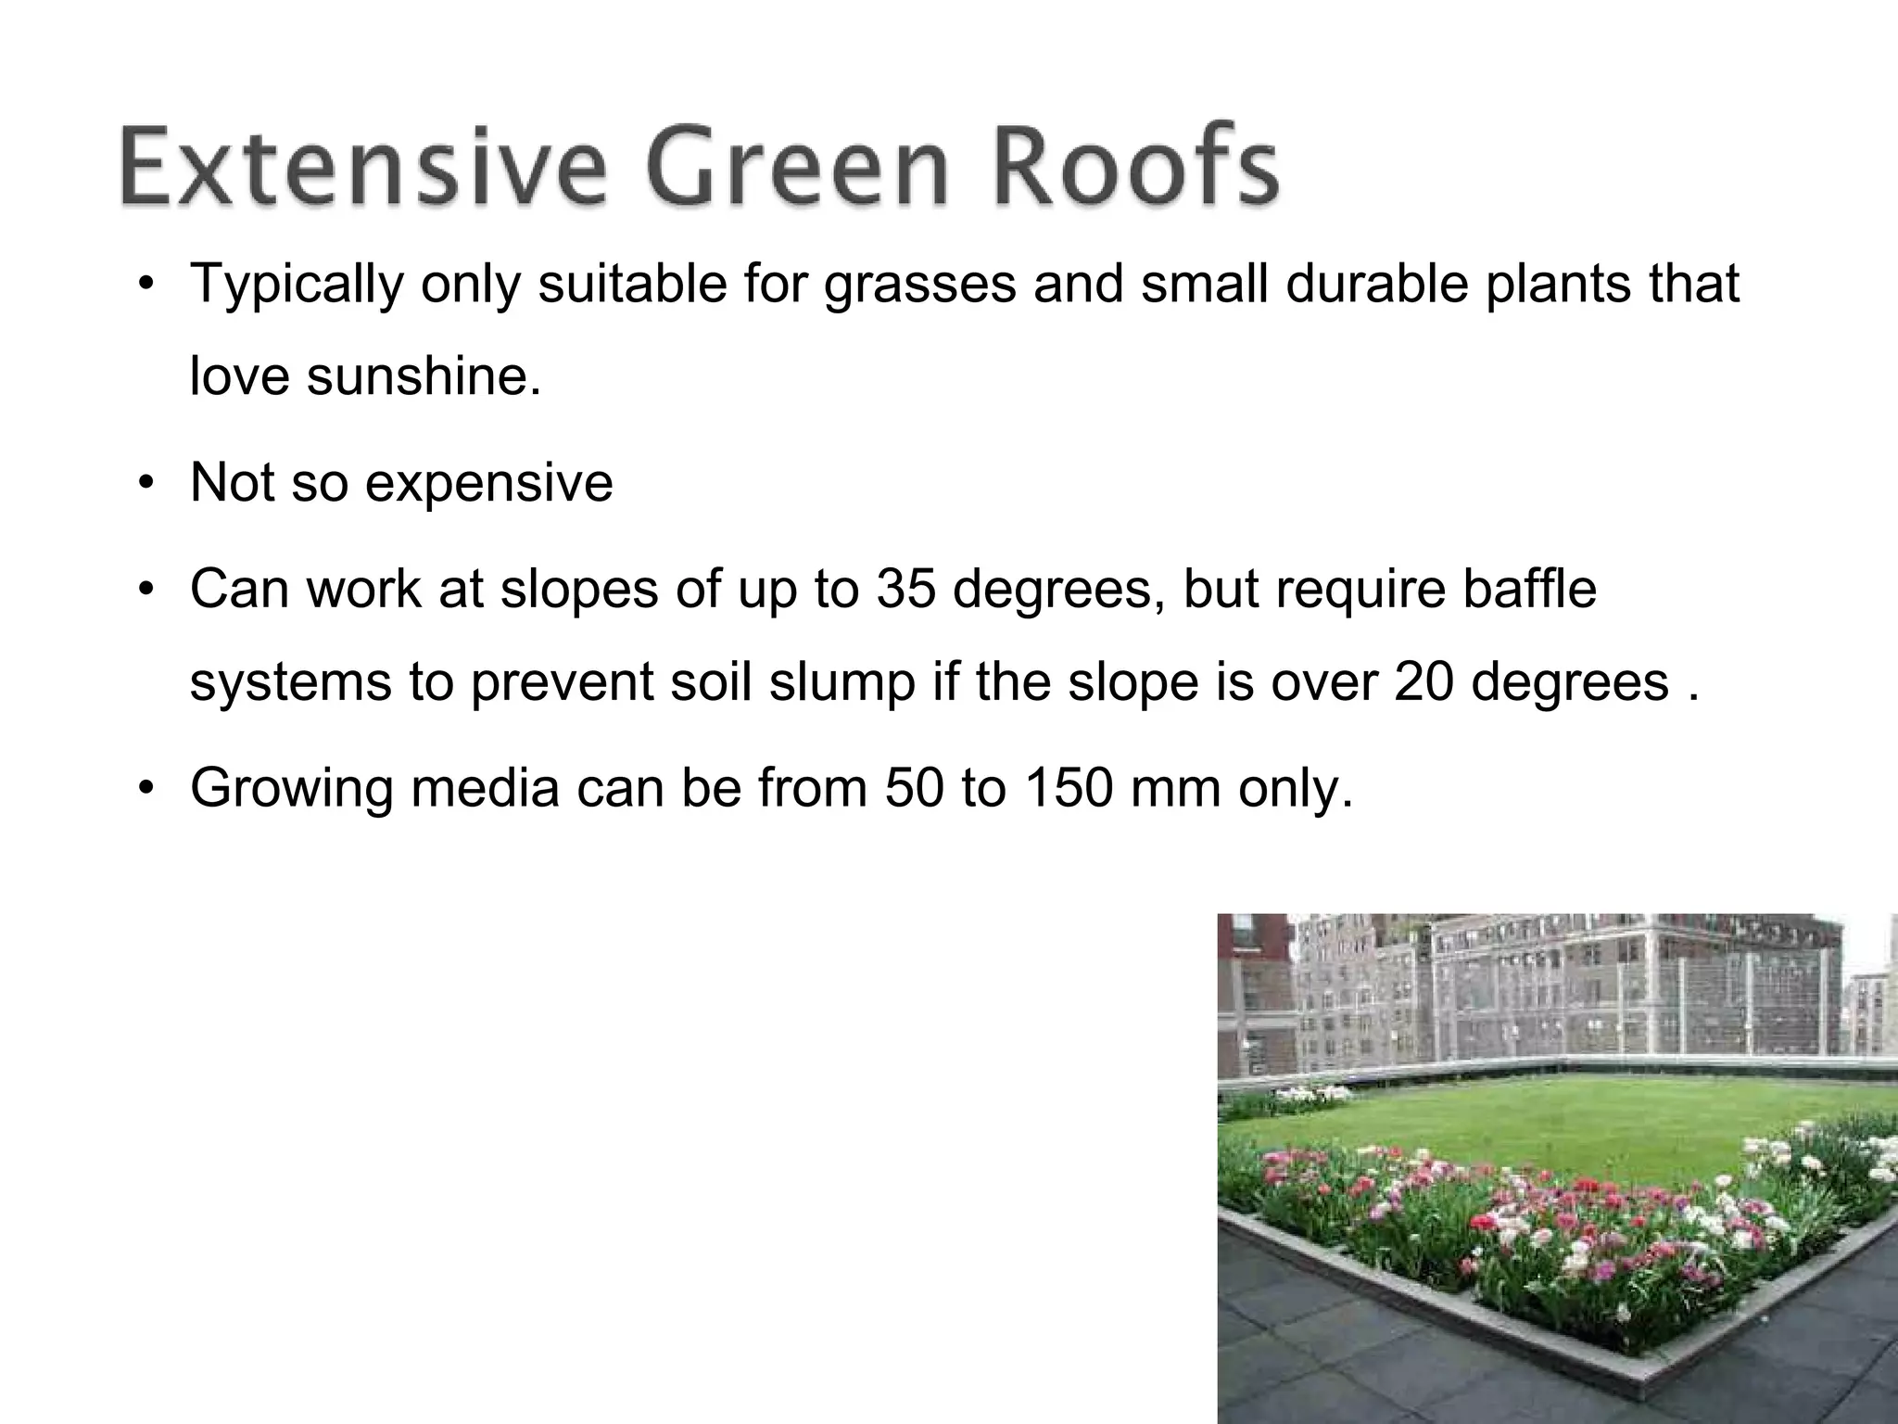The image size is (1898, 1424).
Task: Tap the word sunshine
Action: (424, 377)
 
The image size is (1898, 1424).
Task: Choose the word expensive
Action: (489, 483)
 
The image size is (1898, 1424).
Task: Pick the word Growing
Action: (292, 788)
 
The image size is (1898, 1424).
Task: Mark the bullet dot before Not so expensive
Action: (146, 485)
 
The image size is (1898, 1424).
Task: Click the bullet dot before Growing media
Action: (146, 790)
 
